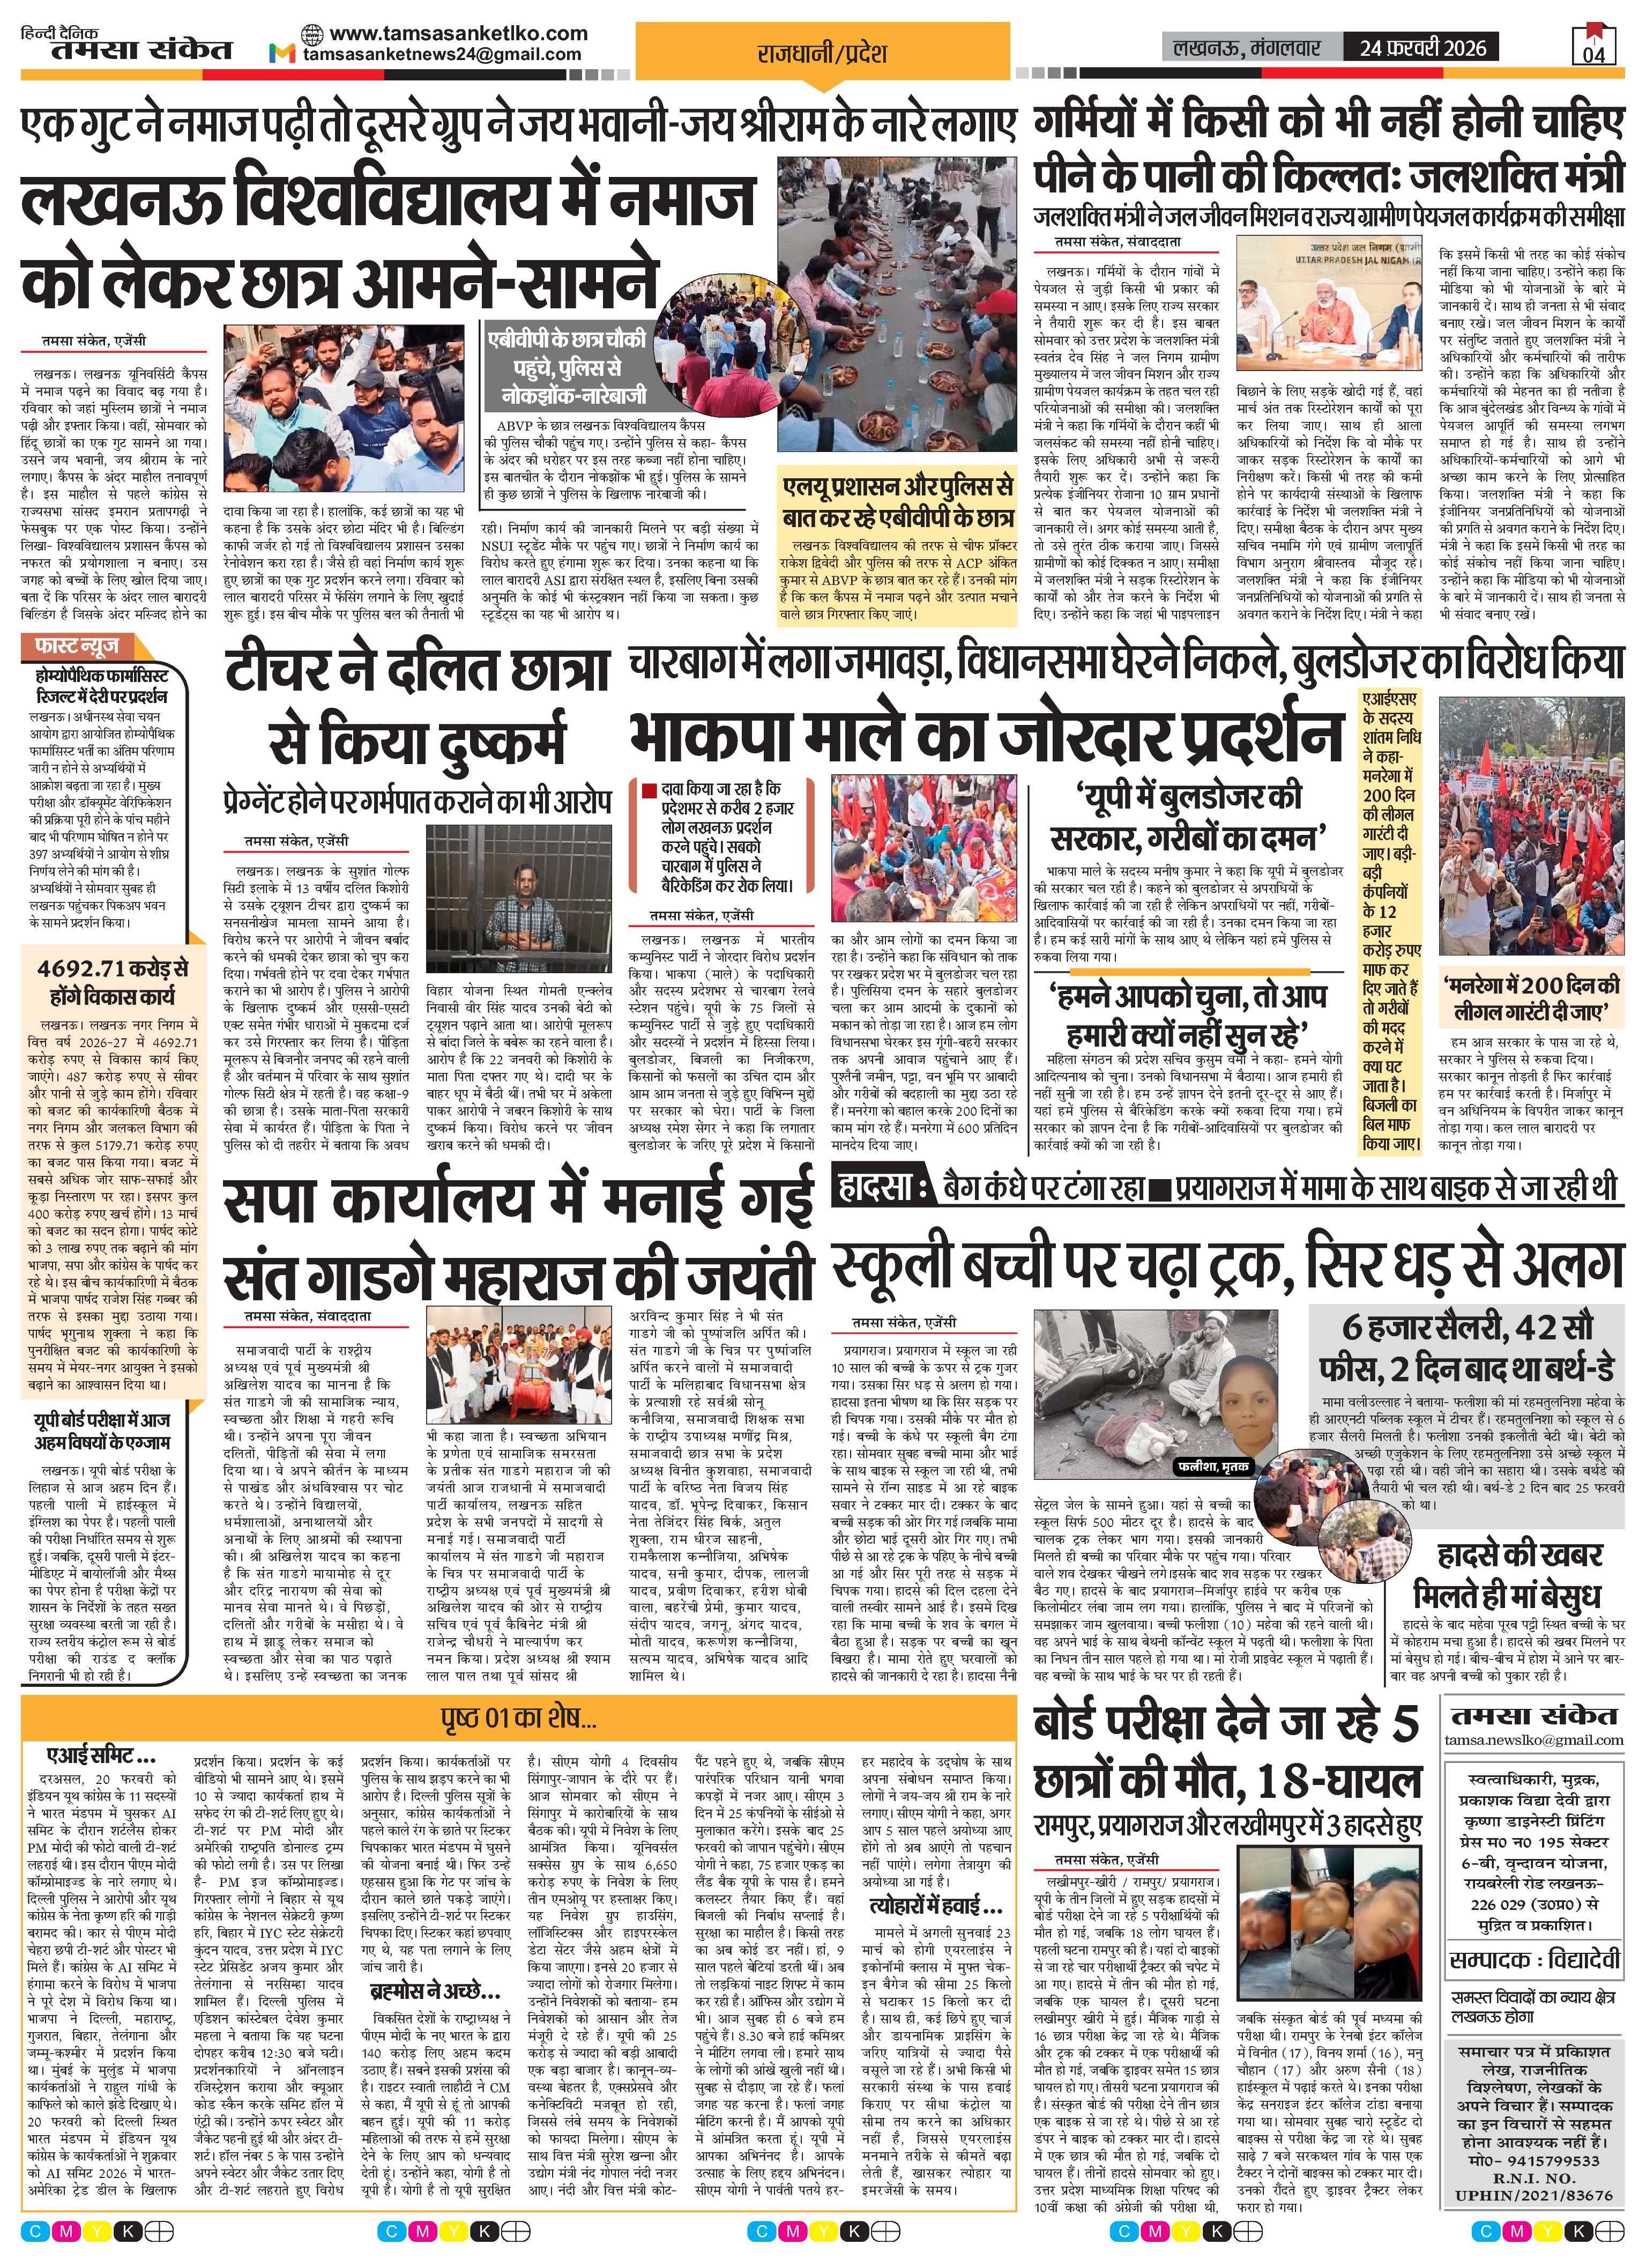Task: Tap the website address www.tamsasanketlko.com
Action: [458, 33]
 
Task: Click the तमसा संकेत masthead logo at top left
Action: [126, 47]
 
